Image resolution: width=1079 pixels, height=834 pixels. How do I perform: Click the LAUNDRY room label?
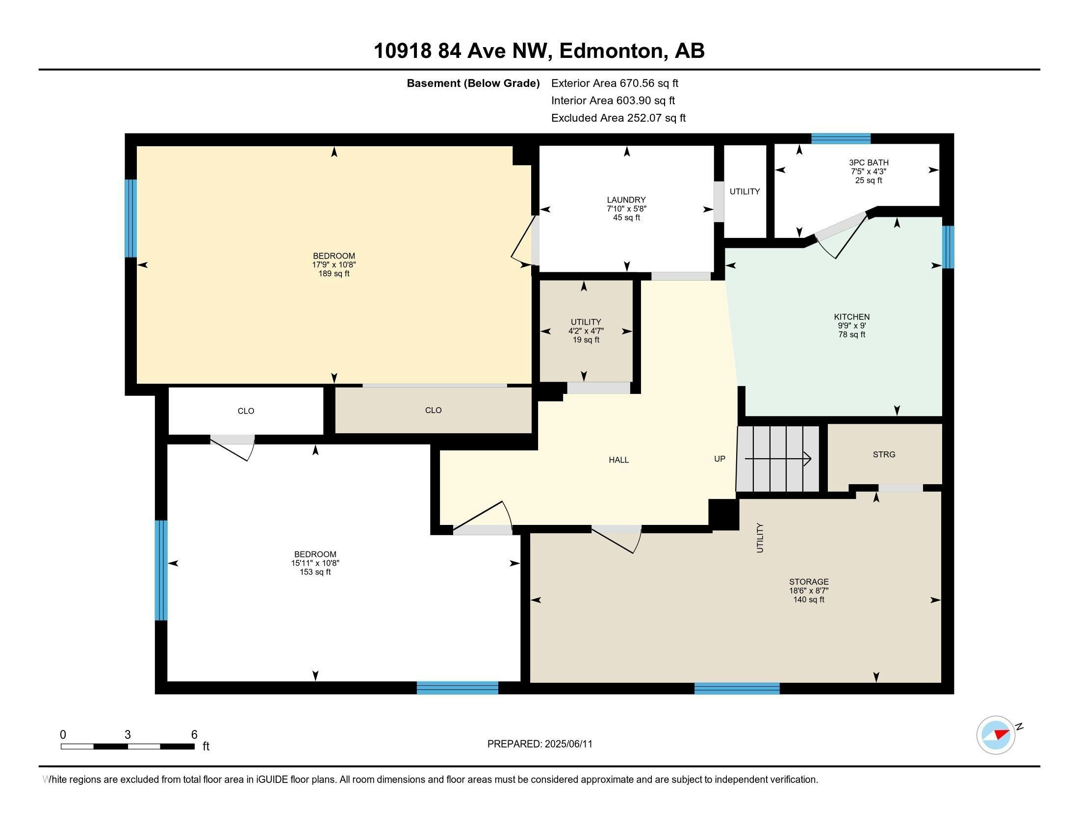click(x=626, y=200)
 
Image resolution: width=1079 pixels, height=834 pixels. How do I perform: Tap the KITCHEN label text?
click(x=852, y=317)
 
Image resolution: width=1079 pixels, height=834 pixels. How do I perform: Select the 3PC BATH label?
click(x=869, y=162)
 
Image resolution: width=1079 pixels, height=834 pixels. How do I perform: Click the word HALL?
click(x=618, y=460)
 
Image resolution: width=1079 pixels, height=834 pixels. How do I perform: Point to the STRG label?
click(x=884, y=455)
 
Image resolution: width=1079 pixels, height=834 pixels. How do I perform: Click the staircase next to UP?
click(x=778, y=459)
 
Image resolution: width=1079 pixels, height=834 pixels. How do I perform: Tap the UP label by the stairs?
click(x=720, y=459)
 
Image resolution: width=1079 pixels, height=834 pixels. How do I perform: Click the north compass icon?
click(x=996, y=735)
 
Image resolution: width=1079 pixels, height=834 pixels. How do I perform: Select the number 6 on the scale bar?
click(x=194, y=734)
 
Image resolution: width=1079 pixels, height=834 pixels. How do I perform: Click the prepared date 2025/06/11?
click(x=568, y=744)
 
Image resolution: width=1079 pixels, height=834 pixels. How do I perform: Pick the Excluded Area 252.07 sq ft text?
click(x=618, y=118)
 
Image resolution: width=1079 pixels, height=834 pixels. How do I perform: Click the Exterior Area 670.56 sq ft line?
click(x=615, y=83)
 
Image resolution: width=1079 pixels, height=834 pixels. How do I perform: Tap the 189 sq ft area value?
click(x=334, y=274)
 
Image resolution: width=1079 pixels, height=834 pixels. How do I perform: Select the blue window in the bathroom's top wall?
click(x=841, y=138)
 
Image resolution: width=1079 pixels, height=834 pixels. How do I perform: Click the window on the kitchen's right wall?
click(x=948, y=247)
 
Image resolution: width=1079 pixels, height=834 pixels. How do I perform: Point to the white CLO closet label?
click(x=246, y=411)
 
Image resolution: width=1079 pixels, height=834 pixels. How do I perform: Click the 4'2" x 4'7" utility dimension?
click(x=586, y=331)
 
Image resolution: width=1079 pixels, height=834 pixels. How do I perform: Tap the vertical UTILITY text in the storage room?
click(x=760, y=538)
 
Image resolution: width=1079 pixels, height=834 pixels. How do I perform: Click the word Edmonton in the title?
click(x=611, y=51)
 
